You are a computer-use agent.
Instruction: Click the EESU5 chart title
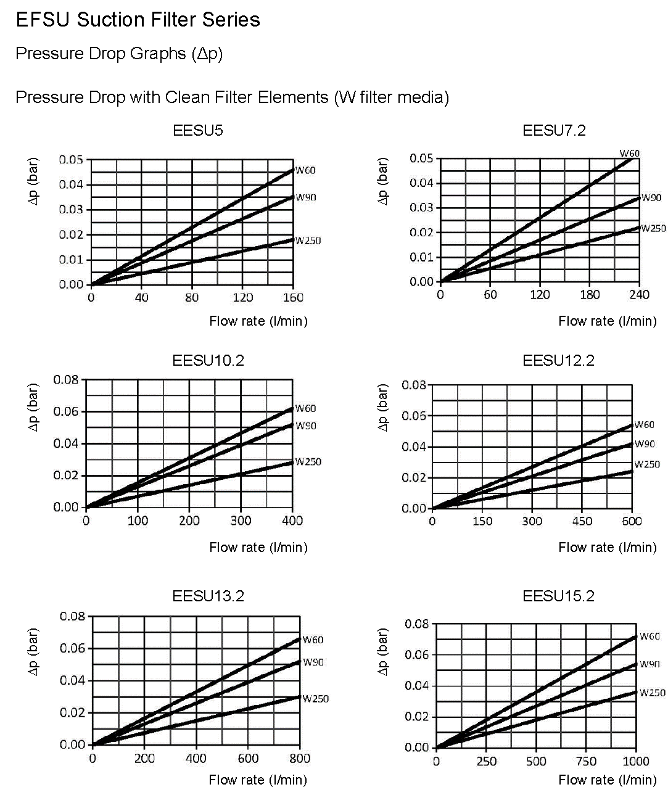point(198,131)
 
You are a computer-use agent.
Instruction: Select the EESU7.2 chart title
point(554,131)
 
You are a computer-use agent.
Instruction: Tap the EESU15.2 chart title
point(558,596)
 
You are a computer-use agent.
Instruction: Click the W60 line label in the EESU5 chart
point(305,171)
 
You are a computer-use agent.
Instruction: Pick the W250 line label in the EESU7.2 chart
point(653,228)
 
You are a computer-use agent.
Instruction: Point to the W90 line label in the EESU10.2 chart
point(305,426)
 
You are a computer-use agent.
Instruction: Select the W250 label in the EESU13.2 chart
point(315,699)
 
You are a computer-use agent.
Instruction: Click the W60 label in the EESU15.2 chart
point(649,636)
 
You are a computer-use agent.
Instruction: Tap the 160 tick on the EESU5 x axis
point(293,298)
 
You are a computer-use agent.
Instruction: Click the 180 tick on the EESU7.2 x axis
point(590,294)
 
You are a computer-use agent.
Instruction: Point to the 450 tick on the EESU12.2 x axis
point(582,521)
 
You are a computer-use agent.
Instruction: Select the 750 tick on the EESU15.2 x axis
point(586,761)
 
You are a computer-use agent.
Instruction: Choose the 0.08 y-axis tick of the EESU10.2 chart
point(66,379)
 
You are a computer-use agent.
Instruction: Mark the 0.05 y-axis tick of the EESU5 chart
point(71,160)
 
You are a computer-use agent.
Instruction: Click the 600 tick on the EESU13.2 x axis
point(248,759)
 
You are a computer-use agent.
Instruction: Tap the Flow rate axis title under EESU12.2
point(607,548)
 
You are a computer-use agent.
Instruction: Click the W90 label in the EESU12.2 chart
point(645,444)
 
